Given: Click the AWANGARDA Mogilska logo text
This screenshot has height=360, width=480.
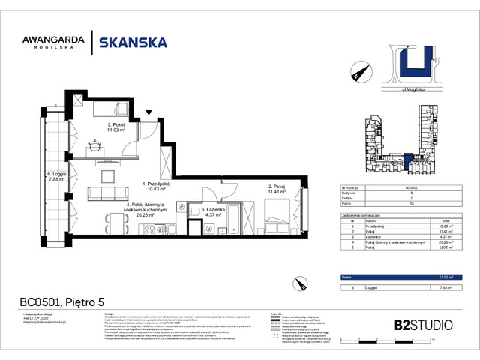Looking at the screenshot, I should [52, 43].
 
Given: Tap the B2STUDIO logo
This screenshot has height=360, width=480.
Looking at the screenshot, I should [422, 325].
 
